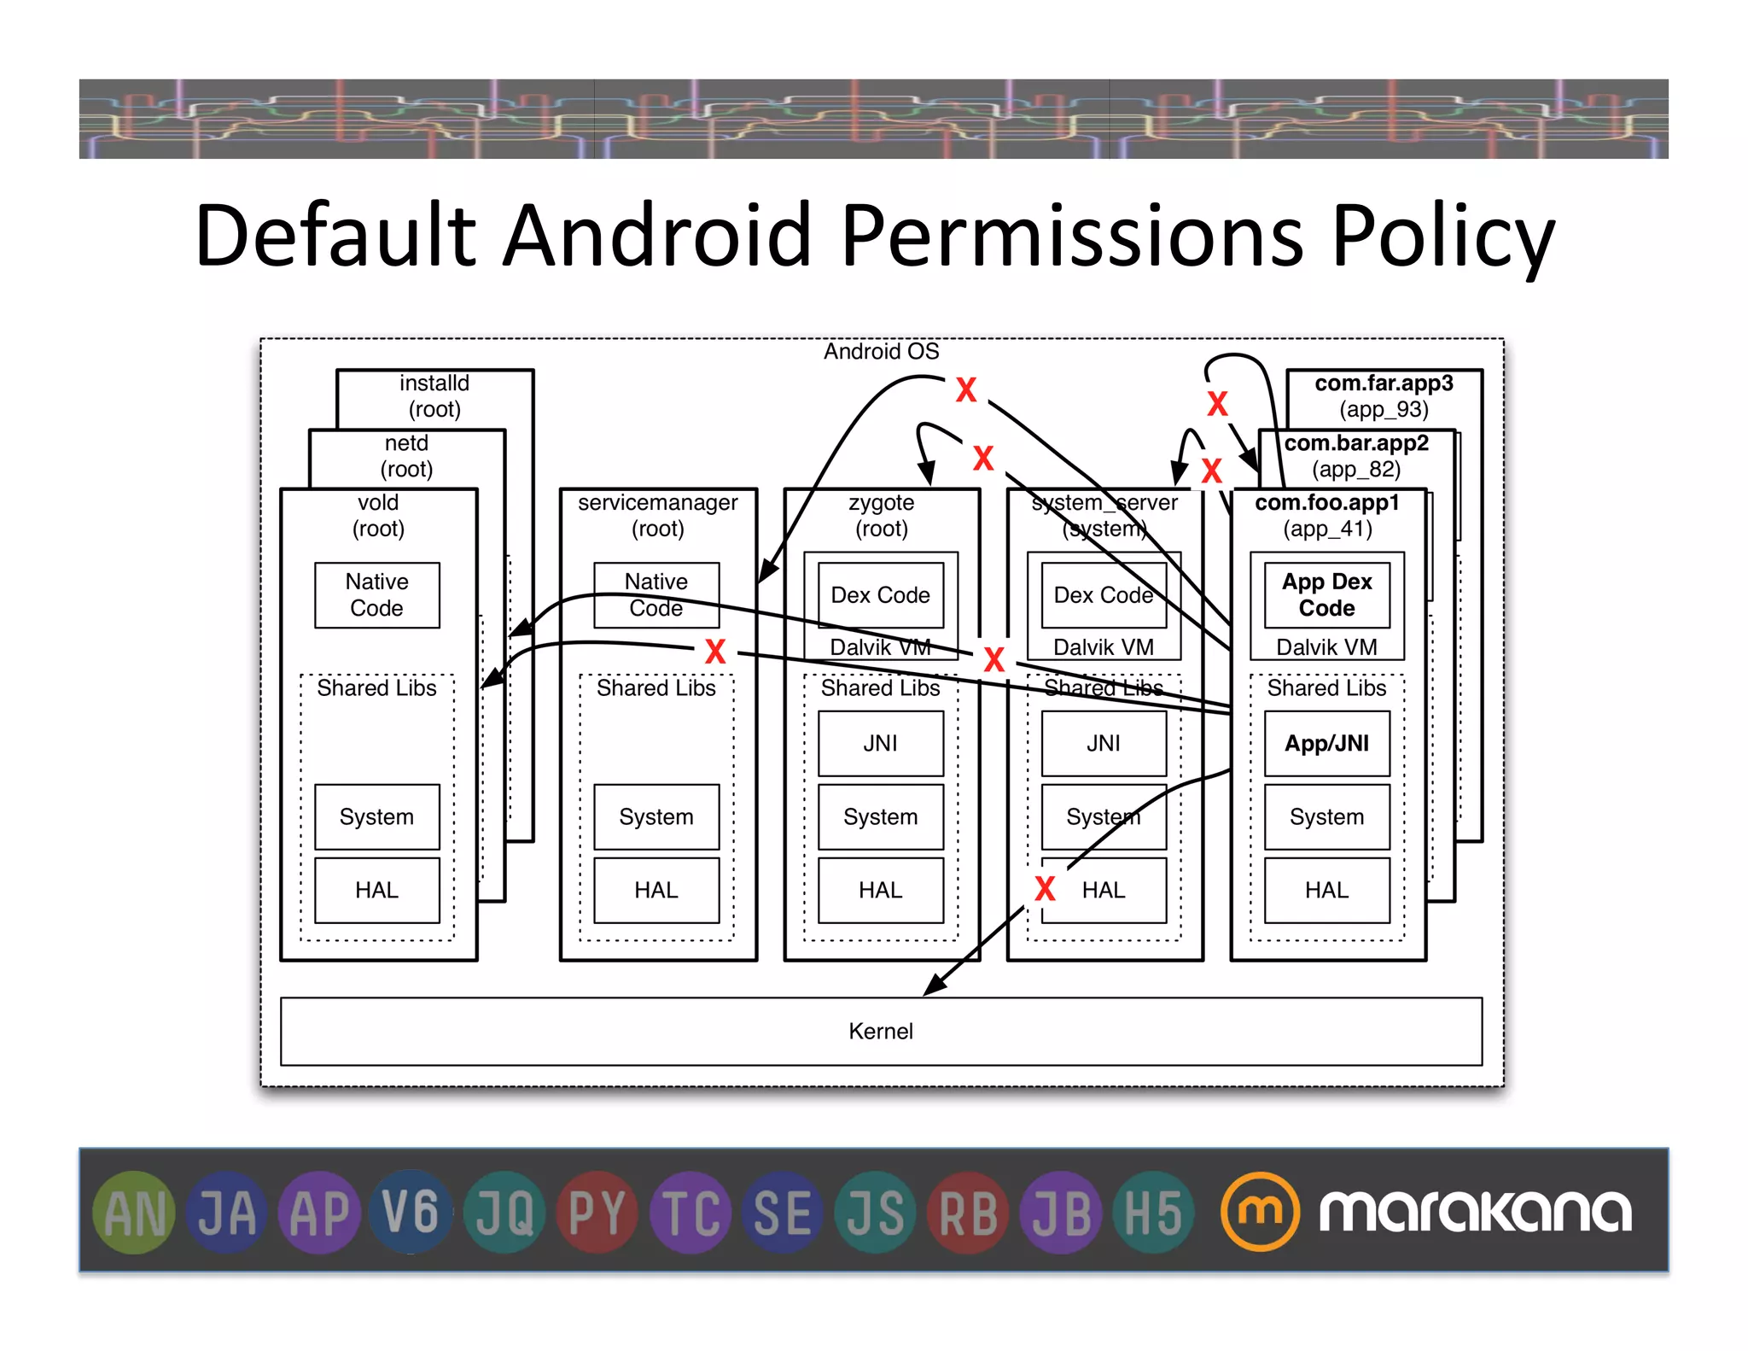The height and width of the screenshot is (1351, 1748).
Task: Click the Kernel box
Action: (880, 1031)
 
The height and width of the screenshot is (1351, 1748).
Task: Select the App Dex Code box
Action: (1326, 595)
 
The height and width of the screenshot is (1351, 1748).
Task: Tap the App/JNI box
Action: (1326, 743)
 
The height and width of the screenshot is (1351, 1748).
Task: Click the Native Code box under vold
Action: (376, 595)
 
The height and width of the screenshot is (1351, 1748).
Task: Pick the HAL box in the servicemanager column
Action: (655, 890)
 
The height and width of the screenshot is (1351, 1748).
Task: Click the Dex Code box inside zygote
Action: (880, 595)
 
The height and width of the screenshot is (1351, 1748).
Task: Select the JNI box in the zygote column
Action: (880, 743)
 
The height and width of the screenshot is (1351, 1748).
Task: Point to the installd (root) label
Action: (434, 395)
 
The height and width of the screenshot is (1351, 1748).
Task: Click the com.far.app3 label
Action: (1384, 383)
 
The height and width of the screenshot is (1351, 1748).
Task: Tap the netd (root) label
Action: (406, 455)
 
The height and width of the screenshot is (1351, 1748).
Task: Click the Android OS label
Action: (881, 351)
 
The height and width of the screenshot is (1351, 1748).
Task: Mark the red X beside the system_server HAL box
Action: (1045, 889)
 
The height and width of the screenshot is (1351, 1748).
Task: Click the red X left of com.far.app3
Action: (1217, 403)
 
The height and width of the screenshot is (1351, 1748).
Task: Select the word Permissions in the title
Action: (1071, 235)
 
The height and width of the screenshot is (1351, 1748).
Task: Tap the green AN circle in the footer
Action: (134, 1212)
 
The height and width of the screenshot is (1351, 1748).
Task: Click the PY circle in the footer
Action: (597, 1212)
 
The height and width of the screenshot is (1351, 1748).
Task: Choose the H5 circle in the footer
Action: (1153, 1212)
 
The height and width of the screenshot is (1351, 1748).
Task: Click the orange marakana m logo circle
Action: (1260, 1211)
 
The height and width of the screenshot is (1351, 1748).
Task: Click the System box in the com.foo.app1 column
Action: (1326, 816)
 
